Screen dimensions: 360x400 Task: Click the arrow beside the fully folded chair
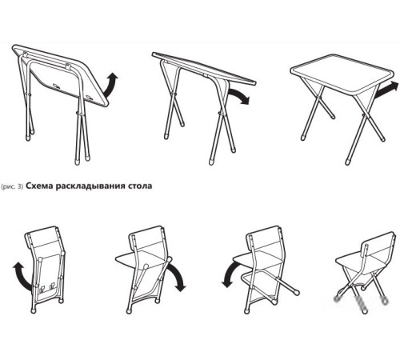[19, 275]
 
